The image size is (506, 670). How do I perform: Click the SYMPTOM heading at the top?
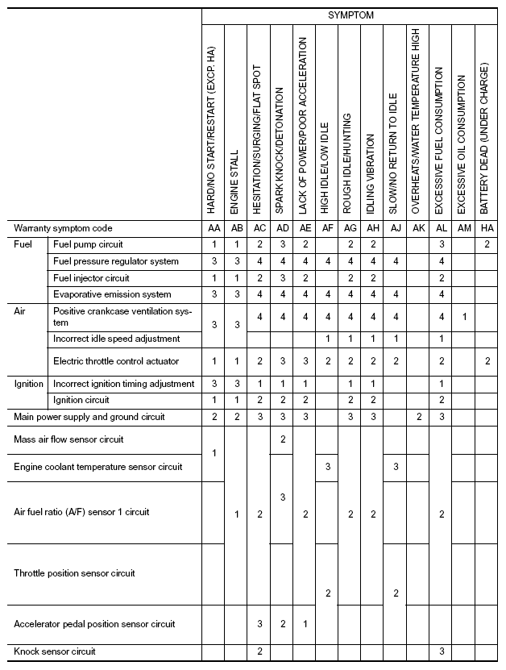coord(350,15)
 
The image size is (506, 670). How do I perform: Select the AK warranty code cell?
coord(418,228)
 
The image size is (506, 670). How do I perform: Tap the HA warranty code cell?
coord(487,228)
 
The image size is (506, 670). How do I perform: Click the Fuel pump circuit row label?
coord(88,243)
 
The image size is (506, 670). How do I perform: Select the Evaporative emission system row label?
coord(112,294)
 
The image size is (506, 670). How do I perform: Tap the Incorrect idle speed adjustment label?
coord(116,339)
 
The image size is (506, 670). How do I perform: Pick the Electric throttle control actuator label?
coord(116,360)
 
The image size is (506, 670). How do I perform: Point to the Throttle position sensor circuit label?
coord(74,573)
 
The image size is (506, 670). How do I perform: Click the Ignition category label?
coord(29,384)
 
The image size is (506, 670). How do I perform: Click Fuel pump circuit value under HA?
coord(487,243)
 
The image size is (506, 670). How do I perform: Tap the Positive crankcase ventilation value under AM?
coord(463,317)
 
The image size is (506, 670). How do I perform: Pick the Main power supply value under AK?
coord(418,417)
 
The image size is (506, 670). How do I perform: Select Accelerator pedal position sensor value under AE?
coord(304,624)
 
